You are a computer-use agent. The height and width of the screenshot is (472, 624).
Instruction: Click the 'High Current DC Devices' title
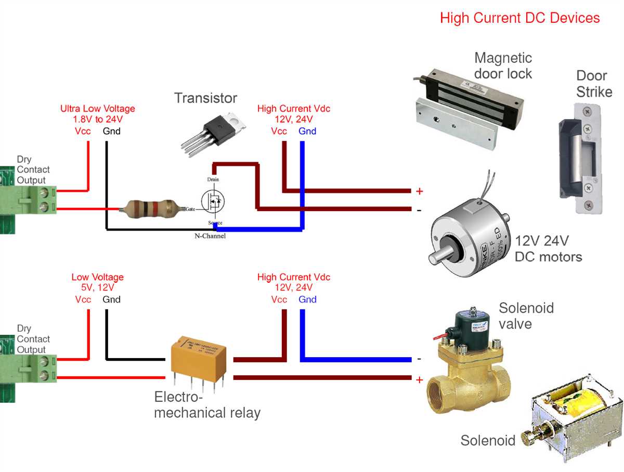point(519,18)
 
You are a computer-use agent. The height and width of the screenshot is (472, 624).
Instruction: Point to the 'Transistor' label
point(205,98)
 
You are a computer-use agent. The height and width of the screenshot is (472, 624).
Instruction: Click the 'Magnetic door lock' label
point(503,65)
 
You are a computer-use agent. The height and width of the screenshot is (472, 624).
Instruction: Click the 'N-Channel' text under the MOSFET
point(210,236)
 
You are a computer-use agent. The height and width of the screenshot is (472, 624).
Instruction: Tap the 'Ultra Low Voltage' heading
point(97,109)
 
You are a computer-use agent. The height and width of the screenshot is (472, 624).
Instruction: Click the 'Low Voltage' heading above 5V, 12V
point(97,277)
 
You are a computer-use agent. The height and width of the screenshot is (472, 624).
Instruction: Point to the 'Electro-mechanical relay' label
point(207,405)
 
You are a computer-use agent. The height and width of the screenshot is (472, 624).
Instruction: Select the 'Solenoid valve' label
point(526,316)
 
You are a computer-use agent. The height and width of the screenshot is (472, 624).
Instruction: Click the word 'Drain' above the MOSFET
point(213,179)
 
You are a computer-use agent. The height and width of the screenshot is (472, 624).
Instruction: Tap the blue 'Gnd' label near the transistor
point(307,131)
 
